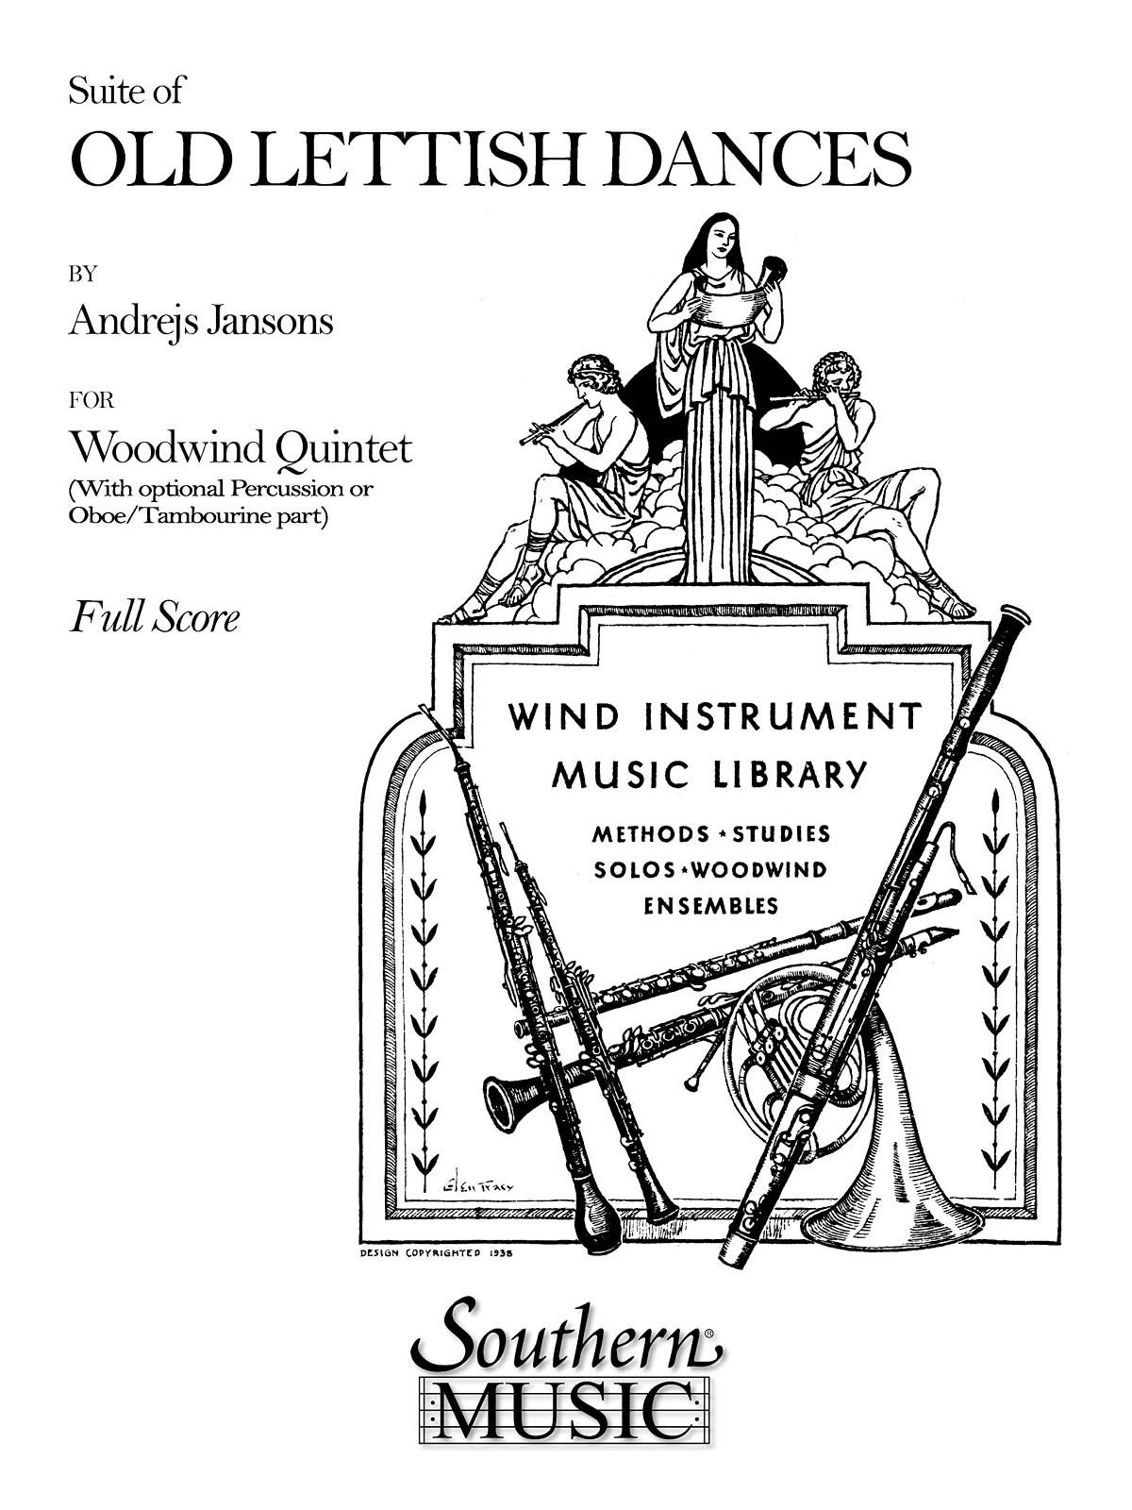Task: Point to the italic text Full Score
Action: tap(155, 618)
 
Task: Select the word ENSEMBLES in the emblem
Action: tap(711, 906)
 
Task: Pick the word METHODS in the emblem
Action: tap(650, 834)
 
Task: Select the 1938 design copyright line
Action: tap(441, 1253)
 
